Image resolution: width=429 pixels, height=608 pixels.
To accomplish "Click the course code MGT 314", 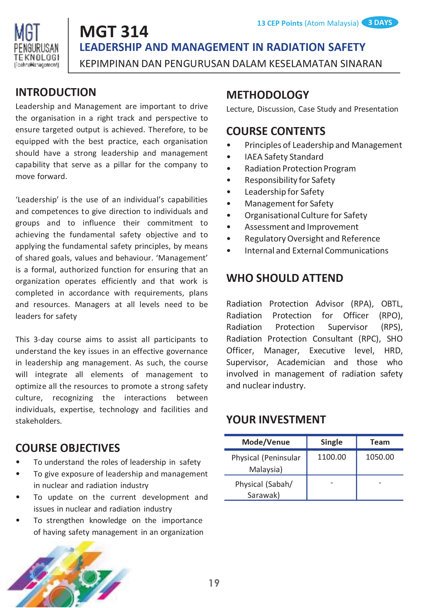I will click(114, 32).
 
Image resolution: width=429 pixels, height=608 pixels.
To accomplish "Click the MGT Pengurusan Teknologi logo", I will click(36, 45).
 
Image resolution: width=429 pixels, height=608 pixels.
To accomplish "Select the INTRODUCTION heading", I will click(56, 92).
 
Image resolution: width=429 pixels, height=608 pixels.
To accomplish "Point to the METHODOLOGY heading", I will click(267, 95).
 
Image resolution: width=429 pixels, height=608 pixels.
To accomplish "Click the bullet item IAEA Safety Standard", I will click(284, 157).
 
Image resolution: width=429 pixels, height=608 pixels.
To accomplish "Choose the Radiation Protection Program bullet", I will click(300, 168).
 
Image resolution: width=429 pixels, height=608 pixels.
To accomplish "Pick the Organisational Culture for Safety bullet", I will click(305, 215).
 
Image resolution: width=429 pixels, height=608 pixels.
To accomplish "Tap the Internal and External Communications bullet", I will click(316, 250).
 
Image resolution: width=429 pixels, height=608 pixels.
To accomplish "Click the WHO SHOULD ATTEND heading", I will click(285, 278).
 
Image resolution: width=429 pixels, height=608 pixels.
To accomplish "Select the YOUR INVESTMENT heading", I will click(276, 420).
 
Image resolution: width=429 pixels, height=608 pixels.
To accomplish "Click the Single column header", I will click(331, 442).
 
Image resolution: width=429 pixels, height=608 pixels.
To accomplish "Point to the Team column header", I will click(380, 442).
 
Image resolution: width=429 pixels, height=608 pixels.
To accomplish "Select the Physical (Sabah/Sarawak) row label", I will click(264, 489).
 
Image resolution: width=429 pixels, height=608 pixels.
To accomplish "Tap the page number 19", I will click(214, 583).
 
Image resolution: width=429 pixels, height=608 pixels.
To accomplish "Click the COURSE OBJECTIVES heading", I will click(68, 448).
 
